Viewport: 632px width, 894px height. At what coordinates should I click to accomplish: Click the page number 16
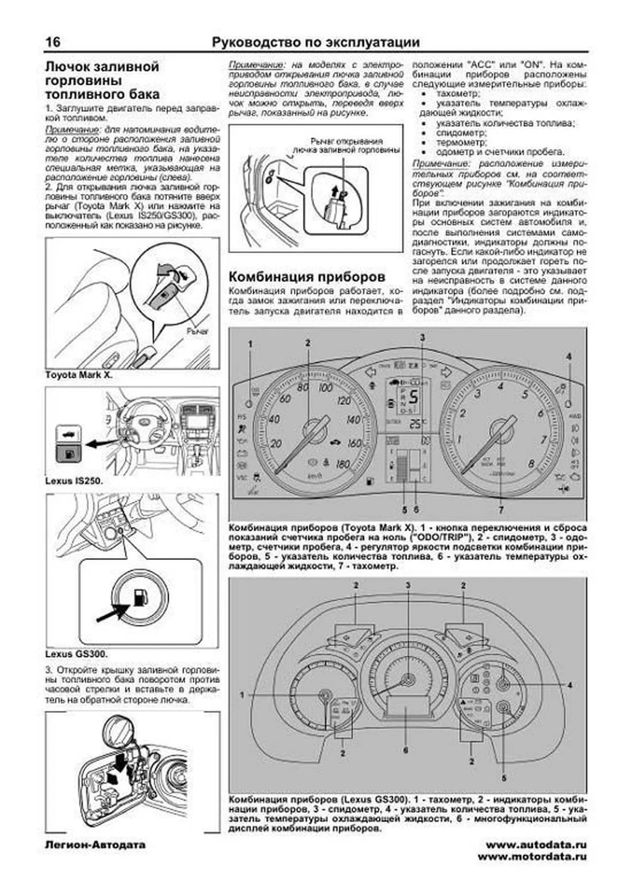(x=53, y=42)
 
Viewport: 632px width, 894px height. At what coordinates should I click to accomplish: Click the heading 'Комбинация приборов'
(x=308, y=277)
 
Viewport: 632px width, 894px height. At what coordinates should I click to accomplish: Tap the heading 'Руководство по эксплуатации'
(x=315, y=42)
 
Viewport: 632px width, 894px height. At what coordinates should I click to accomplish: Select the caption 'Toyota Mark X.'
(x=79, y=375)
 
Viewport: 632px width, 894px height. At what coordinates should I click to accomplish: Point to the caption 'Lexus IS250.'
(x=74, y=481)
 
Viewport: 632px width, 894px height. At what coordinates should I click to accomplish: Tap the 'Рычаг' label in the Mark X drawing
(x=197, y=331)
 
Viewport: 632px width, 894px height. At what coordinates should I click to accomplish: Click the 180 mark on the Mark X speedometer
(x=342, y=464)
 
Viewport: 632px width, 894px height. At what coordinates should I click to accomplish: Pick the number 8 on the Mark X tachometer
(x=531, y=464)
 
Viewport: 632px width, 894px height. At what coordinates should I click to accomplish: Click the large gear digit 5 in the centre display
(x=414, y=396)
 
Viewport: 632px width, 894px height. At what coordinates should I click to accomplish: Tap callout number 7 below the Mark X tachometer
(x=501, y=510)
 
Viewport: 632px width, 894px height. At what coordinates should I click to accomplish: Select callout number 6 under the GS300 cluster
(x=406, y=749)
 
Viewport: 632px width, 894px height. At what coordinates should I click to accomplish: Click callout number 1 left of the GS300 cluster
(x=243, y=695)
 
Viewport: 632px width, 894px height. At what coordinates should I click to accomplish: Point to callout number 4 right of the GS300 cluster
(x=569, y=685)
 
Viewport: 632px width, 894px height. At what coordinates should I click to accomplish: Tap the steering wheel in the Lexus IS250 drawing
(x=141, y=418)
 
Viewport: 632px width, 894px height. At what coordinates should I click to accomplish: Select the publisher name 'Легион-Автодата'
(x=95, y=845)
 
